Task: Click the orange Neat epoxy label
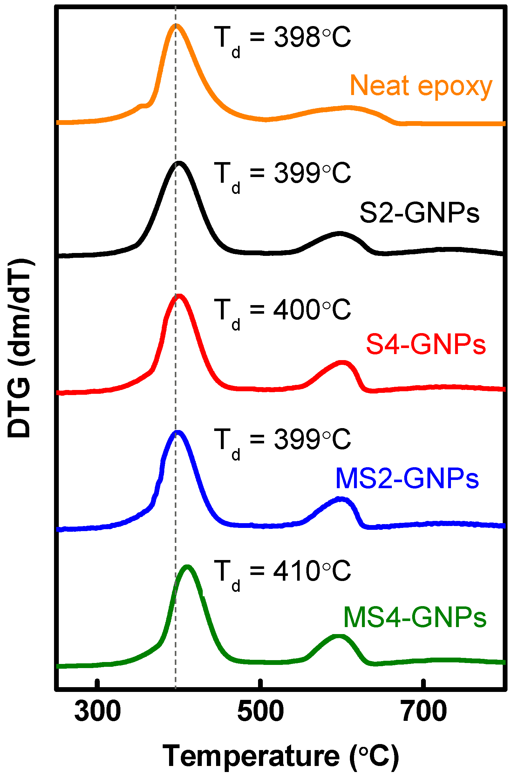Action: [x=421, y=86]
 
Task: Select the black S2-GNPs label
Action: [x=419, y=213]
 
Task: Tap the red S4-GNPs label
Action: [x=426, y=344]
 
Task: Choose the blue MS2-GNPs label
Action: [x=407, y=479]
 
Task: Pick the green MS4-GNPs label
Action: [x=414, y=617]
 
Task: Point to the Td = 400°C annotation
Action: [x=282, y=311]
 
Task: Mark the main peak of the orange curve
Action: [x=176, y=25]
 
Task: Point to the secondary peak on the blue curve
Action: [x=340, y=499]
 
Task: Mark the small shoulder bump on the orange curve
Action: [x=142, y=106]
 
